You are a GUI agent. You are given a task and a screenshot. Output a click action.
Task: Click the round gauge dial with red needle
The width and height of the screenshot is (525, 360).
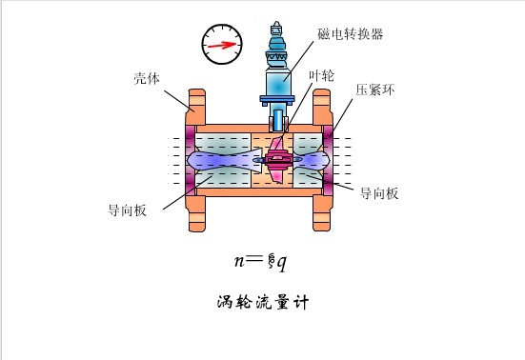click(219, 42)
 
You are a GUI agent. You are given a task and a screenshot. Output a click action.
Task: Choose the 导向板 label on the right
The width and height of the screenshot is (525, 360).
click(379, 192)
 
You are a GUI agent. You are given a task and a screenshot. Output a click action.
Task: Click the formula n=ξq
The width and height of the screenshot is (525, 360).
click(261, 259)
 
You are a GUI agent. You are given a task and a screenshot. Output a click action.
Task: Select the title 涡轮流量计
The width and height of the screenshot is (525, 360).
click(260, 302)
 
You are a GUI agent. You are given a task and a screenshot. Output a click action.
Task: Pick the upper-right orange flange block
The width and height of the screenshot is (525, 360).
click(321, 105)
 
